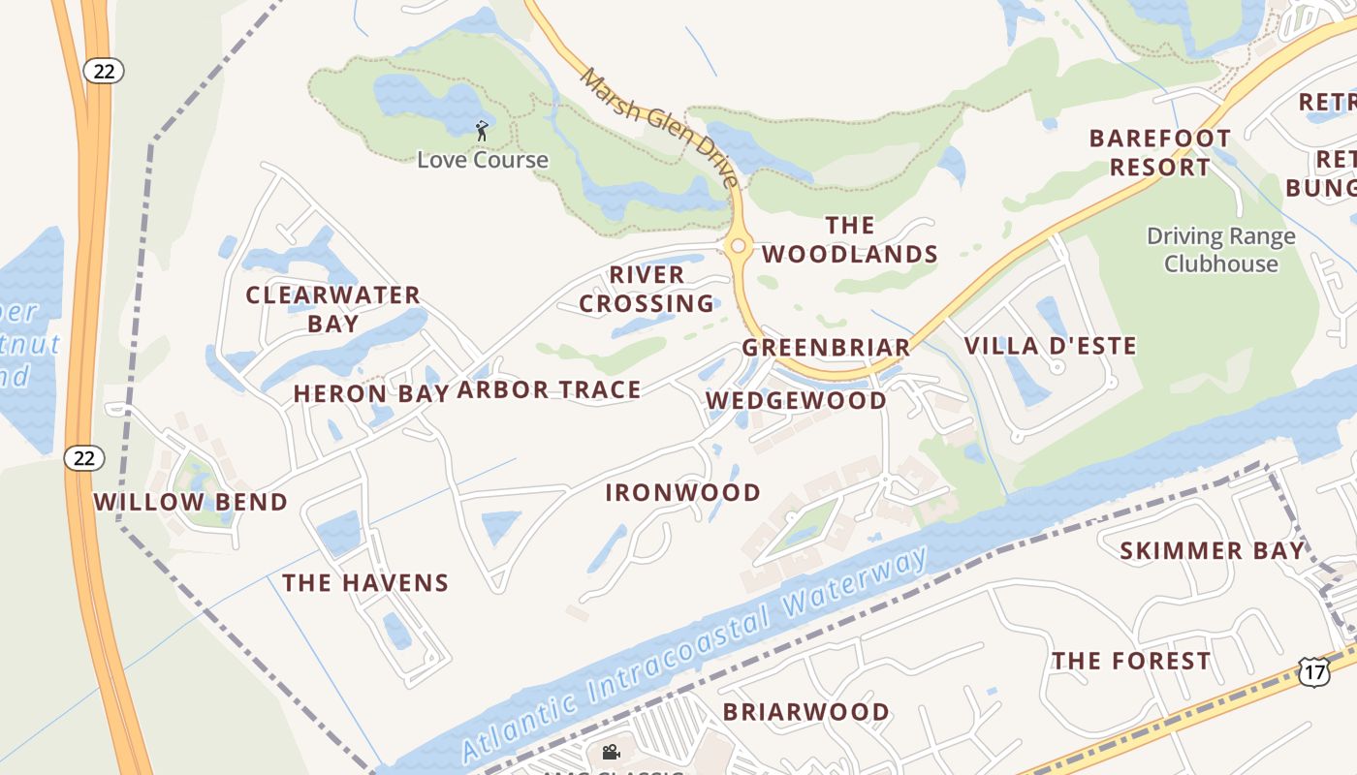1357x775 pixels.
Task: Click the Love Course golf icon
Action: click(x=482, y=130)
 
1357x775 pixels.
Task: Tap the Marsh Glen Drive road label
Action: click(x=658, y=126)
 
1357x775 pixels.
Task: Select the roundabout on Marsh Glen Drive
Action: click(x=739, y=246)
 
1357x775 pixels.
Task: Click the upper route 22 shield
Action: click(x=103, y=70)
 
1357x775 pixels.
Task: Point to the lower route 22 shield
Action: click(x=84, y=457)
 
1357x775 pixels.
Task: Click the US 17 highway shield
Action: click(x=1312, y=671)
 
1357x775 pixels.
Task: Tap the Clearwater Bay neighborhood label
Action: click(x=332, y=308)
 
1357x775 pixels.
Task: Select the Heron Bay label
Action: click(x=370, y=393)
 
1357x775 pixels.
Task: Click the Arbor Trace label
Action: click(x=549, y=389)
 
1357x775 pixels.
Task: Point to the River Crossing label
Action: click(x=647, y=289)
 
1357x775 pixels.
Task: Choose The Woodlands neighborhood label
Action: click(x=850, y=240)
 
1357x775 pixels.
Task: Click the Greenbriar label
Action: click(x=826, y=347)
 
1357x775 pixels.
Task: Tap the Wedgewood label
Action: click(x=796, y=400)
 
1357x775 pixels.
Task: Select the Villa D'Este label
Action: click(x=1050, y=346)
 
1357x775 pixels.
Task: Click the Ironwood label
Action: click(x=682, y=492)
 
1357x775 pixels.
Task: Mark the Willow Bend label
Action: click(x=191, y=502)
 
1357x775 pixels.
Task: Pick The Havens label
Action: click(x=365, y=582)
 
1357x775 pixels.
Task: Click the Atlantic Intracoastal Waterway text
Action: click(x=694, y=657)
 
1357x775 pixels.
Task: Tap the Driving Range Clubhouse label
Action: click(x=1220, y=250)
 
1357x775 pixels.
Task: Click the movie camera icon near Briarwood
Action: click(x=611, y=752)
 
